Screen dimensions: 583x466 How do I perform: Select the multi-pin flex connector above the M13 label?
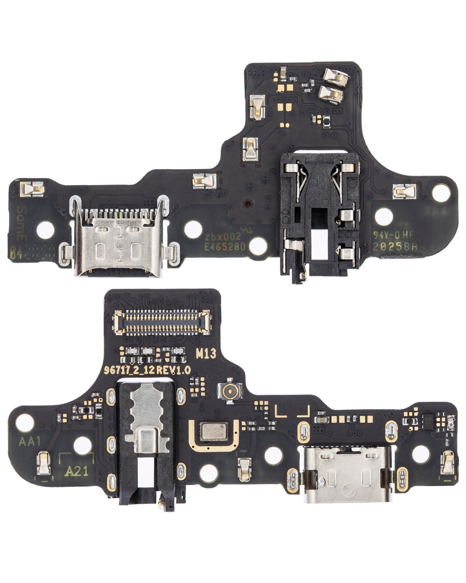click(162, 322)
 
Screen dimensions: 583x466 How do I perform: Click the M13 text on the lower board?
click(206, 354)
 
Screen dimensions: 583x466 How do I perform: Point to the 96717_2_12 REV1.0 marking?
click(147, 369)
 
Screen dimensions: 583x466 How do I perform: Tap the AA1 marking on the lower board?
click(30, 441)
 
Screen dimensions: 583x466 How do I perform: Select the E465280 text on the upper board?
click(225, 247)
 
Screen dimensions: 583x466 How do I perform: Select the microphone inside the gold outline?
click(214, 432)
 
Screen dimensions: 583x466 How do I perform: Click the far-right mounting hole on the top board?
click(441, 194)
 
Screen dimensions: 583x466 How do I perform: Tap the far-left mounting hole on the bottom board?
click(24, 422)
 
